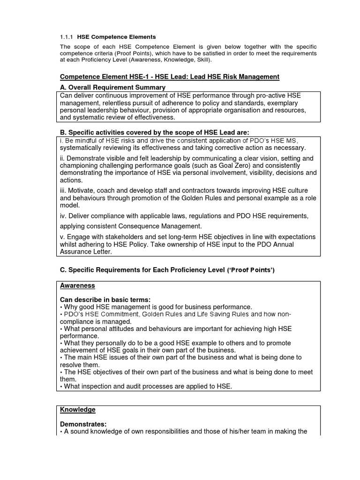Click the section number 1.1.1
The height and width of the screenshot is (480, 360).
coord(67,37)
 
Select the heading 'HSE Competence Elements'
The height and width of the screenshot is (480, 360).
coord(116,37)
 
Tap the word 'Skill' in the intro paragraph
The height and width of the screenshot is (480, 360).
coord(200,60)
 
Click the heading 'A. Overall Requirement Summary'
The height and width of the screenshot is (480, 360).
coord(112,87)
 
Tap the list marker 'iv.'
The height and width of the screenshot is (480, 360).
coord(64,216)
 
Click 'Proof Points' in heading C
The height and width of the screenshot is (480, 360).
coord(251,270)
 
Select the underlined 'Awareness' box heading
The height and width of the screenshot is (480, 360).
coord(77,285)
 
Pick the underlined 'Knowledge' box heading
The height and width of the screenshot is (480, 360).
coord(78,410)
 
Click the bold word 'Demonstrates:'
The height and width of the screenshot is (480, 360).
coord(82,424)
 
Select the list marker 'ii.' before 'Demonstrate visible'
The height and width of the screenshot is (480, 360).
coord(63,158)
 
